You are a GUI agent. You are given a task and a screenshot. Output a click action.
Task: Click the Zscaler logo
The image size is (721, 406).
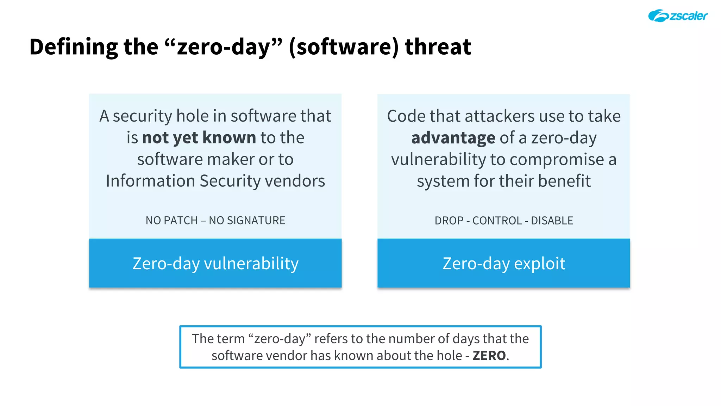tap(678, 16)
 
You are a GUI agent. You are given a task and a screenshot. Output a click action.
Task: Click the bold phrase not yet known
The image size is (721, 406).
tap(199, 137)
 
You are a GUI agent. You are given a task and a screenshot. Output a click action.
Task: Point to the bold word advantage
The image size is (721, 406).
tap(453, 138)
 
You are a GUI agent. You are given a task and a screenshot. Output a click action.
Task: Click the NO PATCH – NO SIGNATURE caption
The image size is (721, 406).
tap(215, 220)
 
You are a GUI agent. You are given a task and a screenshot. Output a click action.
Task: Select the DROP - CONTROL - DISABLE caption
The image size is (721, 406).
tap(503, 221)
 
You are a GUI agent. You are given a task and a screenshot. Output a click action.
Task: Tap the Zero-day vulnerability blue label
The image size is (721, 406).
tap(215, 263)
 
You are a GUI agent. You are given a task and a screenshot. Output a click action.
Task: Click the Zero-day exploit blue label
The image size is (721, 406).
tap(503, 263)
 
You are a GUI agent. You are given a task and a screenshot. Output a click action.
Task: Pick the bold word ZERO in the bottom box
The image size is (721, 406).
tap(489, 356)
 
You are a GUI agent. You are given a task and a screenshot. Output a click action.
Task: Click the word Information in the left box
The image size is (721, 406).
tap(150, 181)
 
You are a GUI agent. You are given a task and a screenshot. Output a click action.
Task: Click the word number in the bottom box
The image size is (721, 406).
tap(412, 339)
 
